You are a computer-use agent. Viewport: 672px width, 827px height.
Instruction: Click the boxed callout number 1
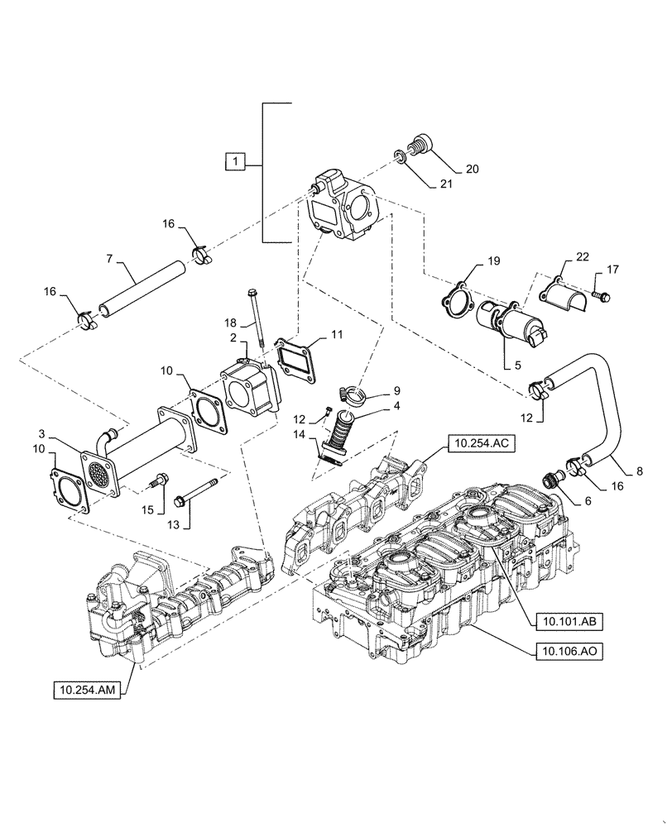(236, 163)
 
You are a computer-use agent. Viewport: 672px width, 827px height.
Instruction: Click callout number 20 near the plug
(472, 169)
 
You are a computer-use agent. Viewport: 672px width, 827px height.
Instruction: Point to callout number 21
(448, 185)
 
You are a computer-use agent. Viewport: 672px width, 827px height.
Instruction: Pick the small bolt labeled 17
(602, 294)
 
